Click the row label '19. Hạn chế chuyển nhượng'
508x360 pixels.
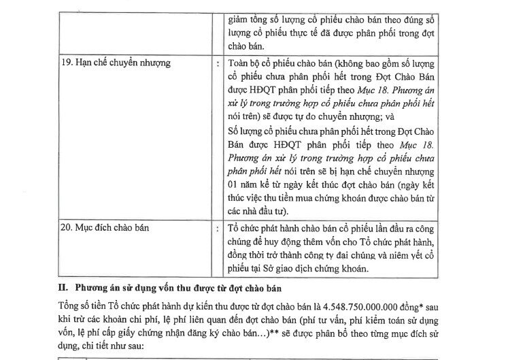(x=115, y=63)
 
